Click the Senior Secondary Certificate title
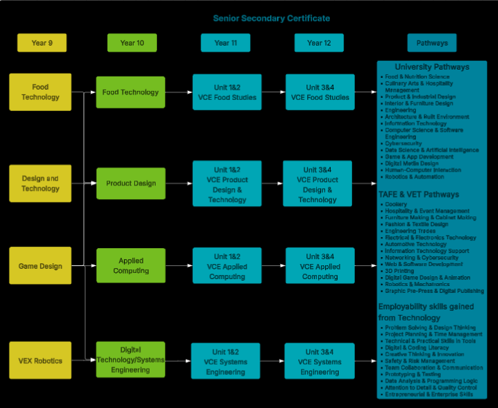(x=271, y=18)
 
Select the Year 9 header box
(x=41, y=43)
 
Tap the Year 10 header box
(x=132, y=43)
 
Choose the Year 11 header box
(x=225, y=43)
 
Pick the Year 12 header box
(x=318, y=43)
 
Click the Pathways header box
(x=431, y=43)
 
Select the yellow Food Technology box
(x=40, y=92)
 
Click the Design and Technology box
(x=40, y=183)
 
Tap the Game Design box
(x=40, y=266)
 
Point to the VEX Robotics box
(x=40, y=360)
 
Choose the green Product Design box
(x=131, y=183)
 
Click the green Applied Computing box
(x=131, y=266)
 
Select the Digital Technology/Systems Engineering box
(x=131, y=360)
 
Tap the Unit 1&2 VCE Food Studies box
(x=227, y=92)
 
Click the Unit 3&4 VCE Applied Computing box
(x=320, y=266)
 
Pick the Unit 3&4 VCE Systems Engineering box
(x=320, y=362)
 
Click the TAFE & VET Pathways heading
(x=419, y=195)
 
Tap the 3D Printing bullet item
(x=400, y=271)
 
